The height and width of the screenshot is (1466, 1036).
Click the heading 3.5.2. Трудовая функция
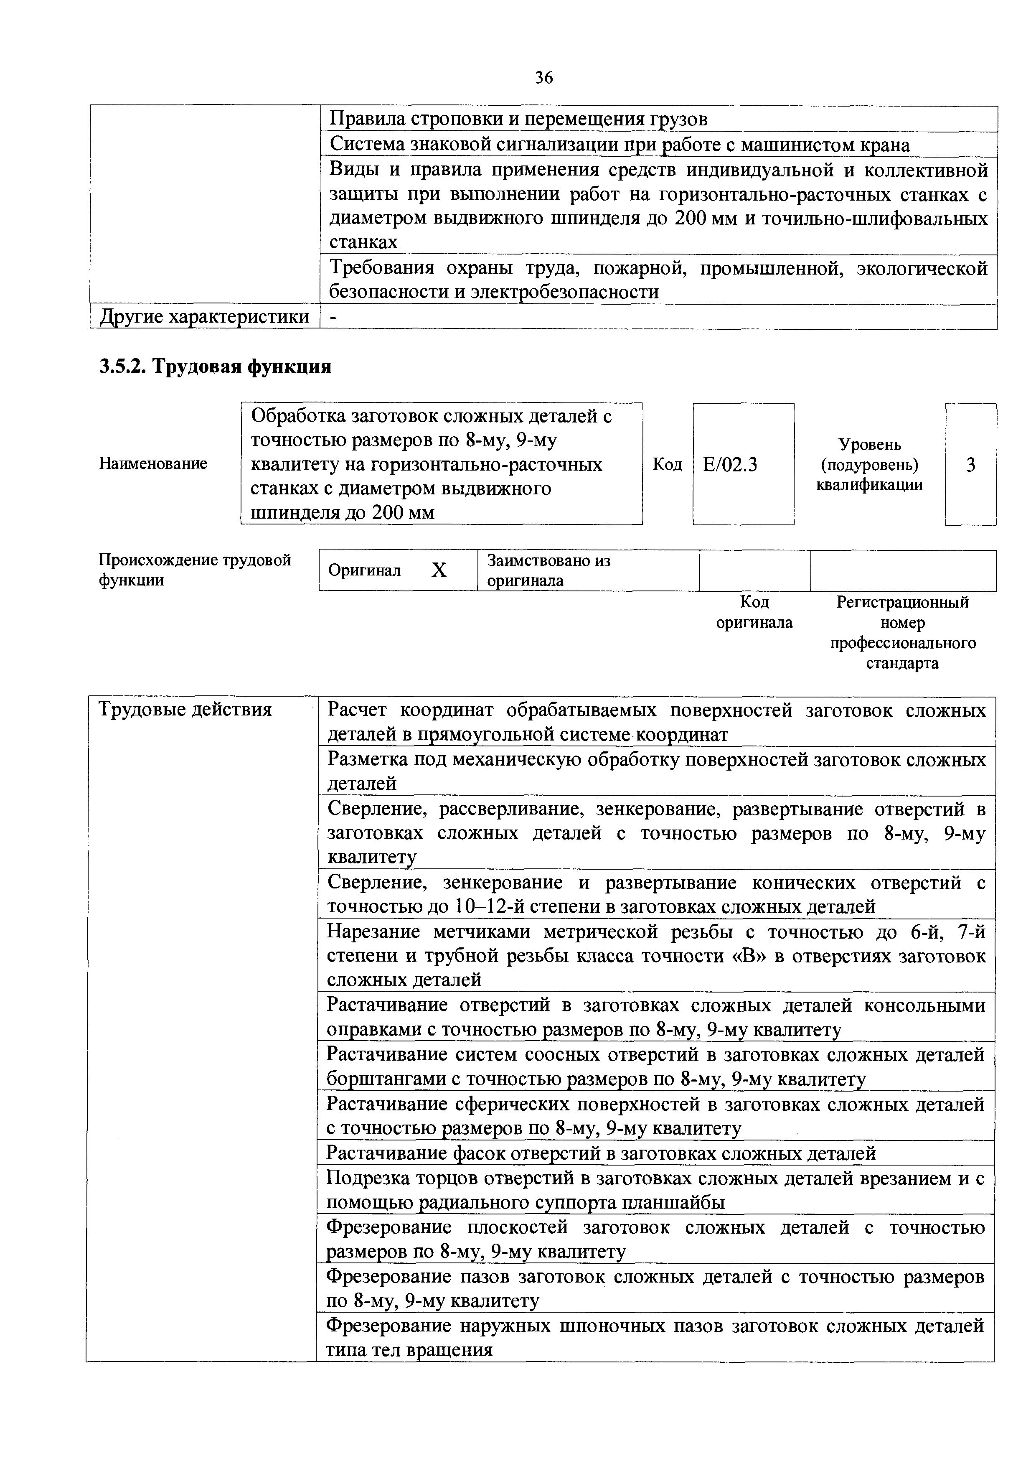point(215,366)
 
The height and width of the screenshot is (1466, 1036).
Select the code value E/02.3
point(730,464)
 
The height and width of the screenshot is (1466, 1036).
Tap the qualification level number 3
point(970,465)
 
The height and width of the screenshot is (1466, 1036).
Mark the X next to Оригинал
point(439,570)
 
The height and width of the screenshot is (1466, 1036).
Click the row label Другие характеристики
point(203,317)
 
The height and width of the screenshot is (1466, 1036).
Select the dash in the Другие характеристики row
point(332,317)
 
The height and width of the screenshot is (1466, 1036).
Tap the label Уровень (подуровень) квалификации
point(869,464)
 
